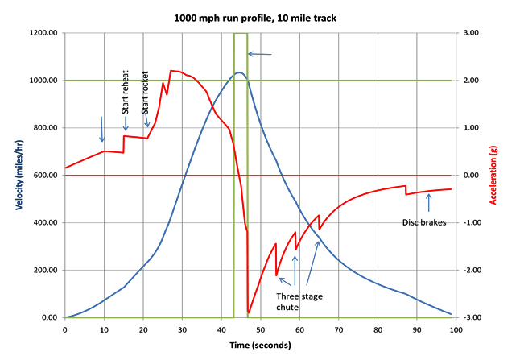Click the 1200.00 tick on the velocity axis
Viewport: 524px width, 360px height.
[41, 33]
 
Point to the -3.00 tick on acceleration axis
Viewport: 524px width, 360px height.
[470, 318]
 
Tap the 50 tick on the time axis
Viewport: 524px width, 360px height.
[260, 329]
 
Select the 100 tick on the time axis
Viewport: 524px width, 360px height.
[456, 329]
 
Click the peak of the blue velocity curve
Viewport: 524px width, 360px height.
[239, 73]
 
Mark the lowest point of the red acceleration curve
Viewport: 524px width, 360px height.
[249, 313]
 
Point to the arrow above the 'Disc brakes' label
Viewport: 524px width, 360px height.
[427, 209]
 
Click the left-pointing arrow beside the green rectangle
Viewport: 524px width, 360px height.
[260, 54]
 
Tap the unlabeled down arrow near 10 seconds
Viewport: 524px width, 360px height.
[102, 129]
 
